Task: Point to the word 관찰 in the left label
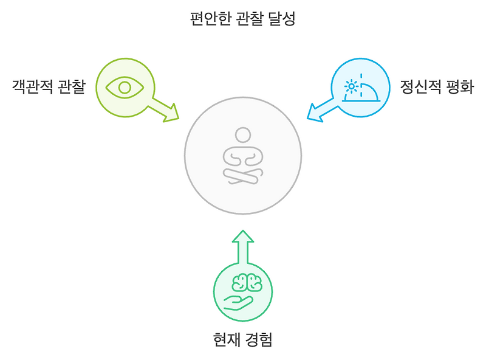(71, 87)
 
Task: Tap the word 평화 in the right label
(459, 87)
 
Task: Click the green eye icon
(125, 87)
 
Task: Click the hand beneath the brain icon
(238, 302)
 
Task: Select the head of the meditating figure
(243, 135)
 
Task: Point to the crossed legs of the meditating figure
(243, 176)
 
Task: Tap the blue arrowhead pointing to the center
(315, 112)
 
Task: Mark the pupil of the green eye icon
(125, 87)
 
